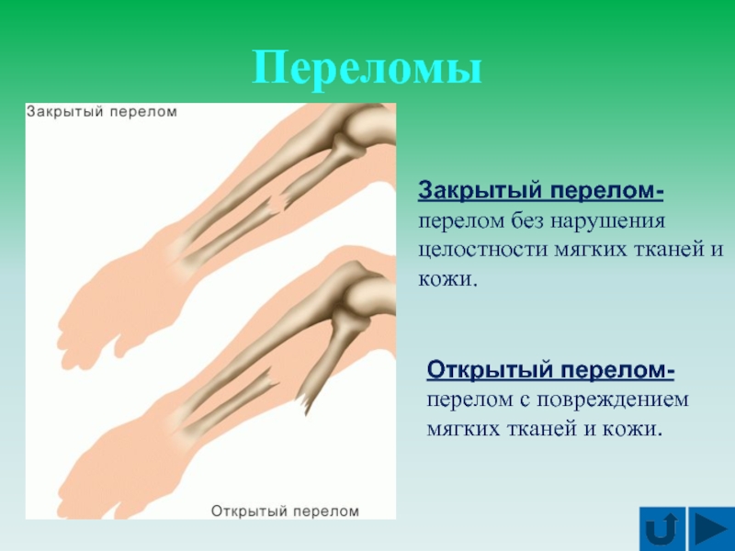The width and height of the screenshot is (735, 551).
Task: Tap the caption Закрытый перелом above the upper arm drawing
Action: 102,112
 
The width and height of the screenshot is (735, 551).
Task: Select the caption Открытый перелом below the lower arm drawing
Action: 285,511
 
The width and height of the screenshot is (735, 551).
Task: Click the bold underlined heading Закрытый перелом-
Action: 540,192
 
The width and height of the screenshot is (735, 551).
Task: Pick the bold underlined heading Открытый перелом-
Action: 550,371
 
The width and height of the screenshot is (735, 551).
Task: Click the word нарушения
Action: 607,221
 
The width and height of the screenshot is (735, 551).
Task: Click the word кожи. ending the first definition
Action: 447,279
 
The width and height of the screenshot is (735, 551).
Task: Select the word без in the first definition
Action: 527,220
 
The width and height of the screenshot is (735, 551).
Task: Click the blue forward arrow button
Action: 710,529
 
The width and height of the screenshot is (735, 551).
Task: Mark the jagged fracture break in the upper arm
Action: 277,202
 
